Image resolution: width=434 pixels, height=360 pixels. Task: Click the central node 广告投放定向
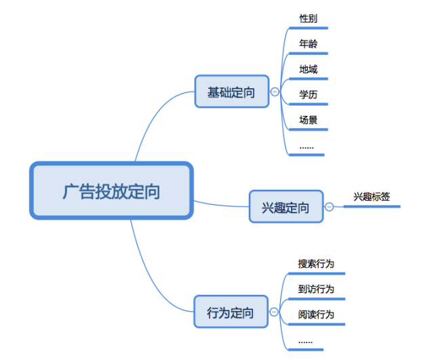point(111,191)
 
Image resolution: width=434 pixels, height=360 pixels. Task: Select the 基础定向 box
point(232,92)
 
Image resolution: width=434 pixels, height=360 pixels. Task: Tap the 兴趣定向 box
point(286,206)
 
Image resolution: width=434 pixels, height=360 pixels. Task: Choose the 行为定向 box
point(231,312)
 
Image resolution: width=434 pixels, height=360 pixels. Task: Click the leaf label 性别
point(309,18)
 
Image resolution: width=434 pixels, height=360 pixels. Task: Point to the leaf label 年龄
point(309,43)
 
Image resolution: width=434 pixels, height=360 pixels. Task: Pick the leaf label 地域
point(309,69)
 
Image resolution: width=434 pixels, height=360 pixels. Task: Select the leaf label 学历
point(309,95)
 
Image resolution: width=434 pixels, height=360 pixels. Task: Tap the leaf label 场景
point(309,120)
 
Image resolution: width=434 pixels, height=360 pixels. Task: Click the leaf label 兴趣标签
point(372,197)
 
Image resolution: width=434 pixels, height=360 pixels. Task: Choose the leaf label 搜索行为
point(316,264)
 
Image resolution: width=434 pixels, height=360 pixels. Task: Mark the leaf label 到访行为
point(316,289)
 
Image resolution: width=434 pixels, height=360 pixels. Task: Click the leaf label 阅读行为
point(316,315)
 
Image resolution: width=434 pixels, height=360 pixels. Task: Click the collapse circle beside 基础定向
point(275,92)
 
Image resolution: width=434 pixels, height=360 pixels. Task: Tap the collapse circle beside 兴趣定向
point(329,207)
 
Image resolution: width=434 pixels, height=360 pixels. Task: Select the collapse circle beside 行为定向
point(274,312)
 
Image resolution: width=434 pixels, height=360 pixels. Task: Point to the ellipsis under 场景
point(307,148)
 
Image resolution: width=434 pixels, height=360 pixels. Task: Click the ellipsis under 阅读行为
point(305,342)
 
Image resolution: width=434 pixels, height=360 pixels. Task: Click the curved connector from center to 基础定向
point(155,116)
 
